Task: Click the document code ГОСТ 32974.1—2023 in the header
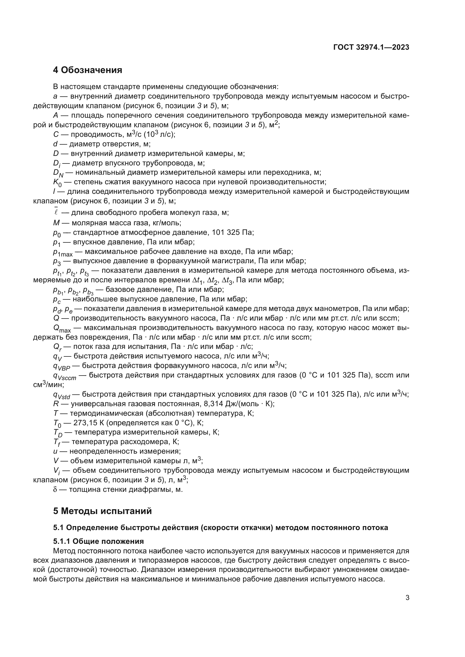point(371,47)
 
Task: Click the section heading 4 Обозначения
point(88,70)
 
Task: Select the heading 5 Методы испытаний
point(102,511)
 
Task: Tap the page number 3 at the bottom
point(407,597)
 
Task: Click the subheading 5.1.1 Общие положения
point(98,541)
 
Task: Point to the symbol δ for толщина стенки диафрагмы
point(55,489)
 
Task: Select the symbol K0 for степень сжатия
point(57,183)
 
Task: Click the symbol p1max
point(63,252)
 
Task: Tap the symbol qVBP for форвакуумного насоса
point(61,366)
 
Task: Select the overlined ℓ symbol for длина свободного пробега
point(56,212)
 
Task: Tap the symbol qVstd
point(61,395)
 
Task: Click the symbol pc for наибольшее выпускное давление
point(57,300)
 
